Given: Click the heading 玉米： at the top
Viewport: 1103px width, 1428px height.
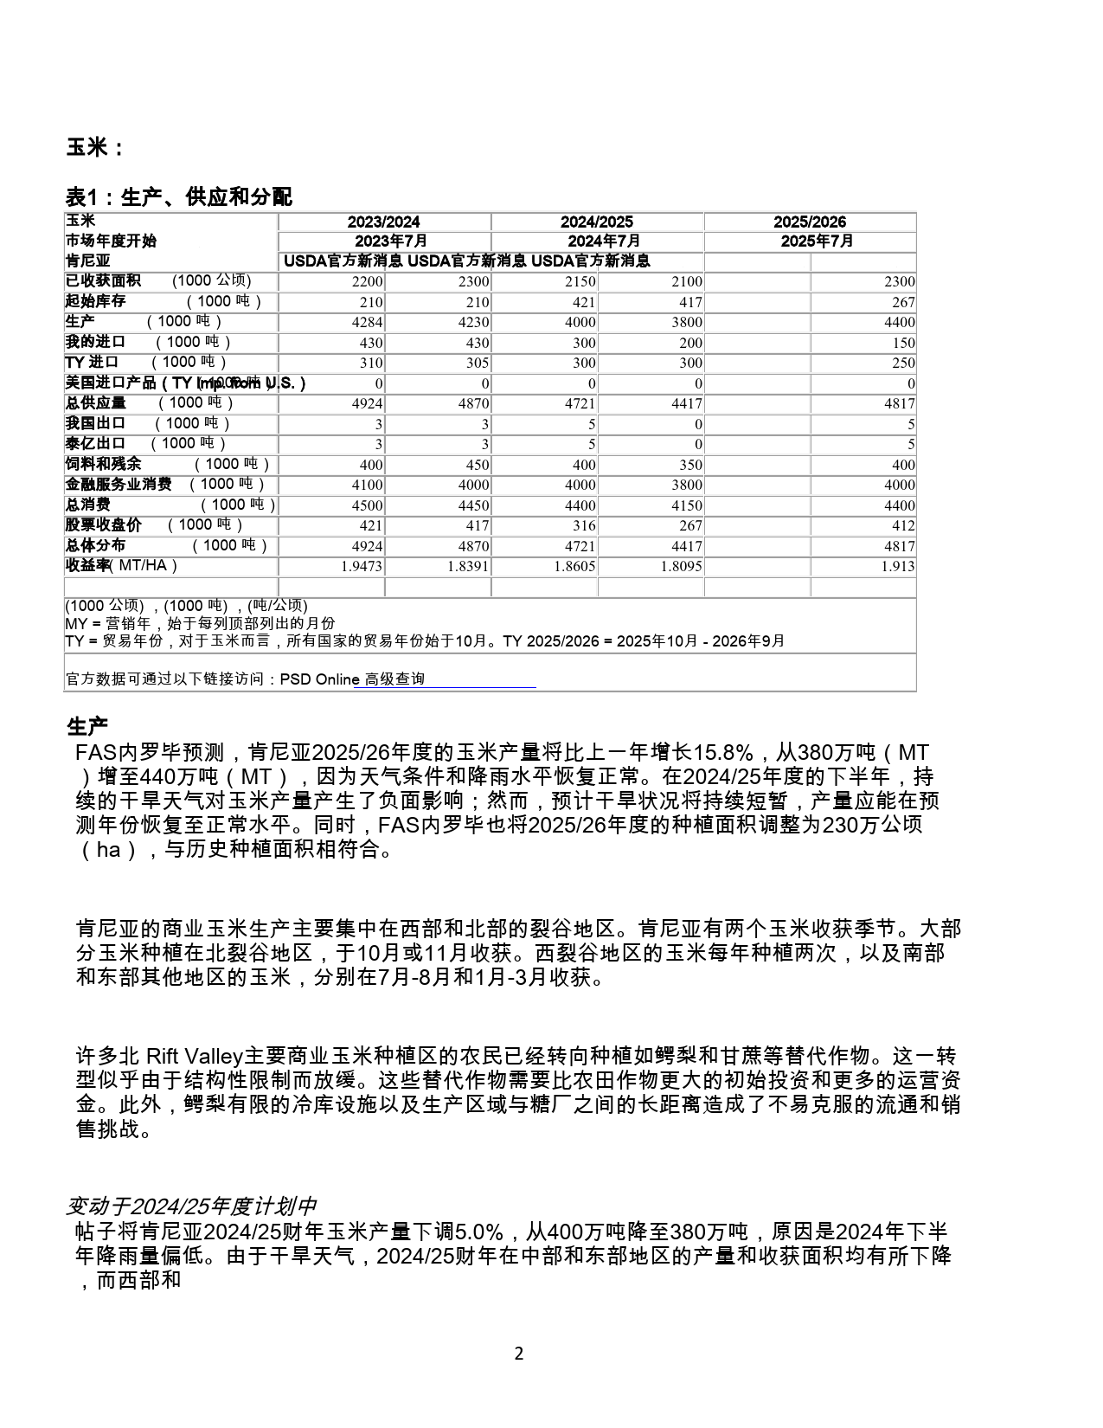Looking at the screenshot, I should point(94,148).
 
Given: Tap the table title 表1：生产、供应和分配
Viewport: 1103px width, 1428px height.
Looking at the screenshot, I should point(179,197).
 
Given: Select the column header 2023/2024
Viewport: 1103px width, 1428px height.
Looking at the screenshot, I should point(383,222).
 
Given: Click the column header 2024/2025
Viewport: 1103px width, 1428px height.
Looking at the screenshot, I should point(596,222).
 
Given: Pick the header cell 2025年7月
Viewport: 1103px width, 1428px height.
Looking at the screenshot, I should point(810,241).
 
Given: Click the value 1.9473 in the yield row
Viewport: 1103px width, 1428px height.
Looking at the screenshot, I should point(362,566).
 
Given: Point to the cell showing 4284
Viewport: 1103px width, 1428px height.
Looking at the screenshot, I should point(368,322).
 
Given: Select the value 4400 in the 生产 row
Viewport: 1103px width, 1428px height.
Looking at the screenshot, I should point(900,322).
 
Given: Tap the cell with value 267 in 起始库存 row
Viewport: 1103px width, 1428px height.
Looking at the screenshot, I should point(903,302).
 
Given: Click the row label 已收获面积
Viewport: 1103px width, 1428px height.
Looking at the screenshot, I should point(103,280).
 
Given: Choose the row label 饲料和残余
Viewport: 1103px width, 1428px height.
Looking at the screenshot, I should point(103,464).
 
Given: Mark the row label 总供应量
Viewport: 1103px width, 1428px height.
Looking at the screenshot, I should point(96,402).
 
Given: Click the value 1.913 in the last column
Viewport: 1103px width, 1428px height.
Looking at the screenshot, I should point(898,566).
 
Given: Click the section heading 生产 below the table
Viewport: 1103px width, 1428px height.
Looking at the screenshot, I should point(87,727).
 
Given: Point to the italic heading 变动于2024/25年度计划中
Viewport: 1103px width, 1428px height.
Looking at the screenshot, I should point(191,1206).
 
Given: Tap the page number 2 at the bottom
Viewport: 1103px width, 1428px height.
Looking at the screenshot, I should point(519,1354).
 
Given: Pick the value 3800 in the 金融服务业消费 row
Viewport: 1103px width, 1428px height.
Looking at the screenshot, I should point(687,485).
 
